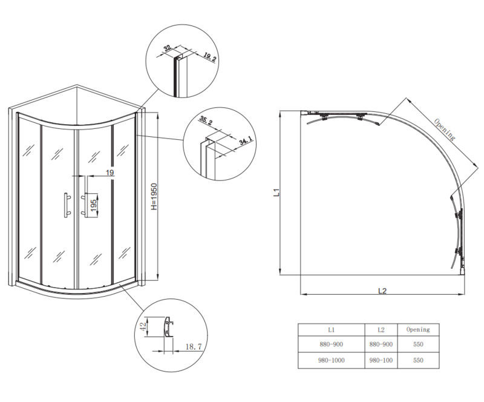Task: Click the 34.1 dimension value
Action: (x=246, y=142)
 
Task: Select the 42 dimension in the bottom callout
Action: (x=143, y=328)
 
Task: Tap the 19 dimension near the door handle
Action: (x=110, y=173)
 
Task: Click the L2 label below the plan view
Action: (x=382, y=291)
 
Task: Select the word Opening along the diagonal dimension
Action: (x=444, y=129)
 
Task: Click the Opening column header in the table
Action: (x=417, y=330)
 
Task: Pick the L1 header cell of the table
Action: (x=331, y=330)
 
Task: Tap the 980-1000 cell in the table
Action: (x=331, y=360)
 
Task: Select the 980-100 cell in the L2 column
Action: (x=381, y=360)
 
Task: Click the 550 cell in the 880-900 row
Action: (x=417, y=344)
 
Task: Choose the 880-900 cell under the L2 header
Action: (x=381, y=344)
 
